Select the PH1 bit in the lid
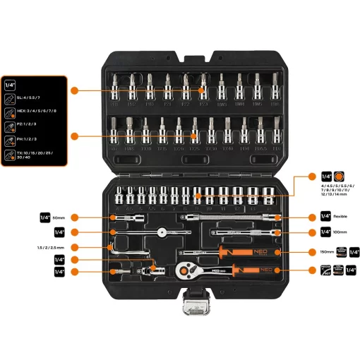pyautogui.click(x=114, y=88)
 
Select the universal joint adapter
pyautogui.click(x=149, y=269)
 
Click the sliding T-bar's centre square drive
pyautogui.click(x=164, y=231)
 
